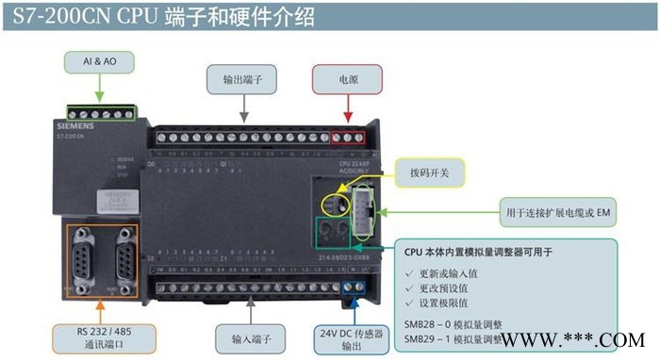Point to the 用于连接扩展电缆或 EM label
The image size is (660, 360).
coord(558,214)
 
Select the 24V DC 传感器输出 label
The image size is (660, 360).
coord(351,337)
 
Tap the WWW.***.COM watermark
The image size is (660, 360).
coord(572,340)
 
